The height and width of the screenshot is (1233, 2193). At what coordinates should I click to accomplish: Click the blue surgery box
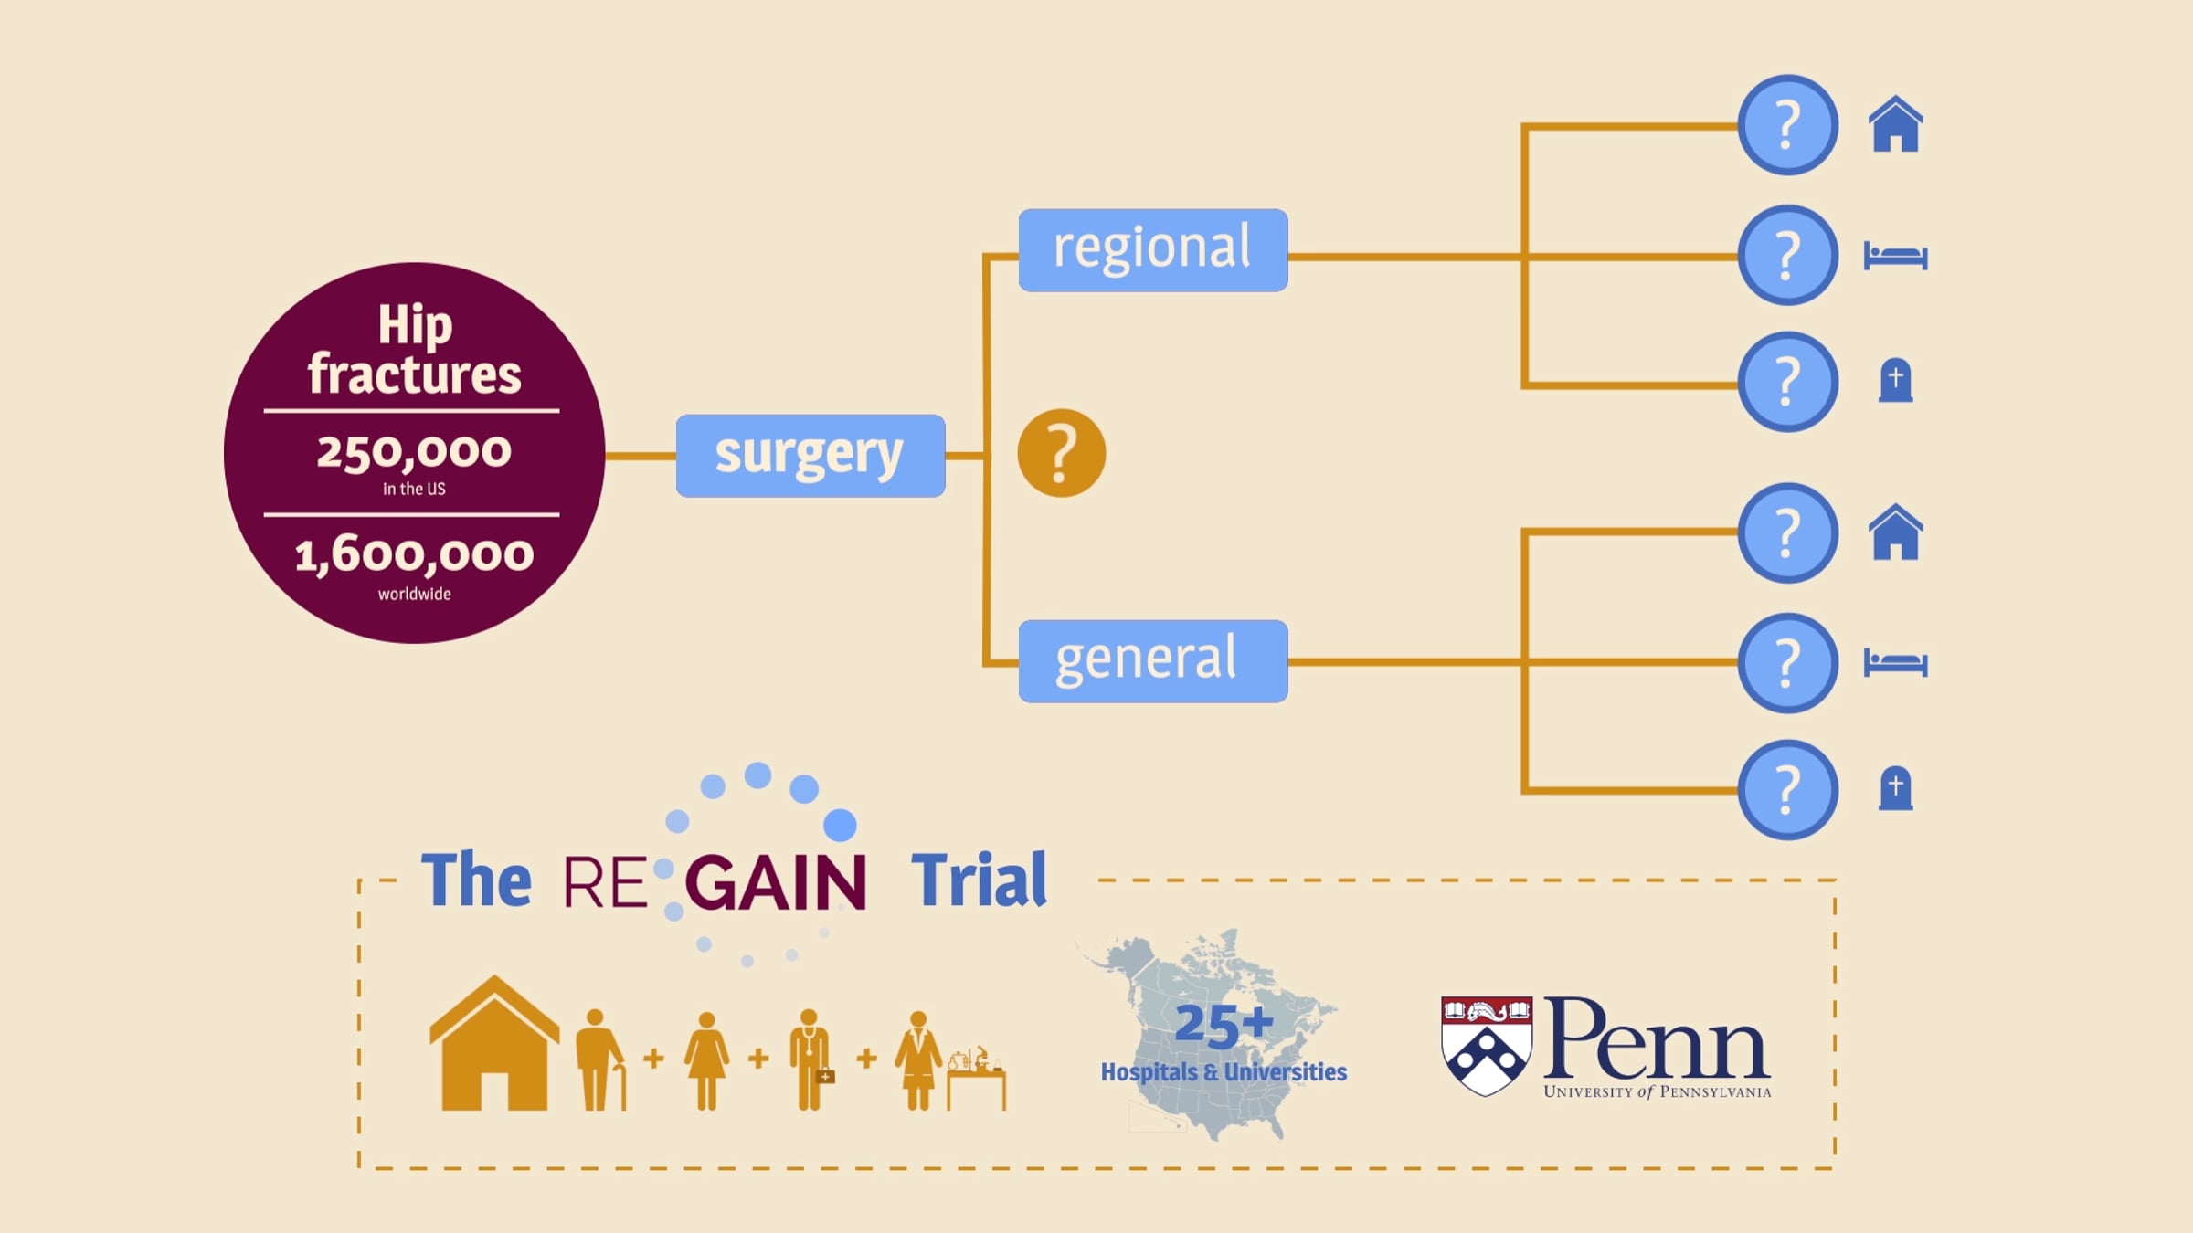810,456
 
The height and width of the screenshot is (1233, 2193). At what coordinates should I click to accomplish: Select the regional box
1153,250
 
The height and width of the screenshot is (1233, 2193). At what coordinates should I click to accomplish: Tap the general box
1153,661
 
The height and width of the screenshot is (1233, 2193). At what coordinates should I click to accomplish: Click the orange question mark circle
1062,453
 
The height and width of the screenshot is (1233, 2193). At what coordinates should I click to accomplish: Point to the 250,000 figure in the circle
414,452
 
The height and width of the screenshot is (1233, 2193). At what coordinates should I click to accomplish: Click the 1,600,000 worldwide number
414,554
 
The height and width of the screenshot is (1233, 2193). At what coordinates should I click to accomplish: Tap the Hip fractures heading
414,350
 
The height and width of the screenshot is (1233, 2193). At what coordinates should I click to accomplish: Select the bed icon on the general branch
1895,662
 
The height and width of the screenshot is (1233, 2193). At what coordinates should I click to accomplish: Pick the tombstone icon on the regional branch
1895,380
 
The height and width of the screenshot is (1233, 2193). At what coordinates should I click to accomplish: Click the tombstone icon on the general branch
1895,788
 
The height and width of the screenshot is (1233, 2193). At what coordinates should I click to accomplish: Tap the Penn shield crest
1487,1046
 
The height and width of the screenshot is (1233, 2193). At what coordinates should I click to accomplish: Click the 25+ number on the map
1224,1024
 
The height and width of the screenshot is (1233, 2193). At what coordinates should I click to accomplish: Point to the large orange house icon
494,1043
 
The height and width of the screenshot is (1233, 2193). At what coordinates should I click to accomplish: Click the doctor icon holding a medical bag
810,1060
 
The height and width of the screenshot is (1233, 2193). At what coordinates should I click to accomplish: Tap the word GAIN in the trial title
775,882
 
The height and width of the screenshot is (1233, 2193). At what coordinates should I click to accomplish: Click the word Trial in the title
979,880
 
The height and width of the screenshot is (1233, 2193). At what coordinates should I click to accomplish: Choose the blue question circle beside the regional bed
1787,255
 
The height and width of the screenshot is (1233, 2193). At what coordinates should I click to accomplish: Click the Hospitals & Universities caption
1224,1071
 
